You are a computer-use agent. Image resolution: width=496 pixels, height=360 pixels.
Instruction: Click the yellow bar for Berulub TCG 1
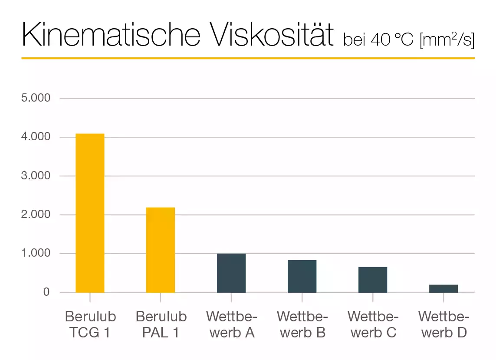90,213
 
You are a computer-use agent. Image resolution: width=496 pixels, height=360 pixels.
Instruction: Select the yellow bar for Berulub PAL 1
161,250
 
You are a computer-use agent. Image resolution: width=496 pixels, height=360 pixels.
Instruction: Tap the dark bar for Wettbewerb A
231,273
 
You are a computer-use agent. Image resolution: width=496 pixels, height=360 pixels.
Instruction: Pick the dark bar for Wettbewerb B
302,276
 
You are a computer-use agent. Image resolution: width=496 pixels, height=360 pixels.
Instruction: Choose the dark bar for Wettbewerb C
373,280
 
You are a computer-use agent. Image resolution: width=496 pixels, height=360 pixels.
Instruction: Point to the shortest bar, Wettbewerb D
443,288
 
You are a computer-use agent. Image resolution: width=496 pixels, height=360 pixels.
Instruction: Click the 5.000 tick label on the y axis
36,98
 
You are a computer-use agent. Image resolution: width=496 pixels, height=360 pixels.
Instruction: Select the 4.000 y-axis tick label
36,137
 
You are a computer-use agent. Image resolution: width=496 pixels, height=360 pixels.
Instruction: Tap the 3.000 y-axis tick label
36,176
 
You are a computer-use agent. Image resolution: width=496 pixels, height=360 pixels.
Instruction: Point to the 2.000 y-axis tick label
36,215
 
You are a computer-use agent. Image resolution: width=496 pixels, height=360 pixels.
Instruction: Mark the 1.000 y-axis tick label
36,254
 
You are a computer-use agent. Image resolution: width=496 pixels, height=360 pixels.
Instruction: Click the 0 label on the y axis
46,292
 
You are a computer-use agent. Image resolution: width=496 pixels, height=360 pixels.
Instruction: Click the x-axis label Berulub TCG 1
90,324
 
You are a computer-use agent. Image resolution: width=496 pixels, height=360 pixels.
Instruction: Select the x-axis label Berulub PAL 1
161,324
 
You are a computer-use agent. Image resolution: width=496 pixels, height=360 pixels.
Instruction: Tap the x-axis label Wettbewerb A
231,324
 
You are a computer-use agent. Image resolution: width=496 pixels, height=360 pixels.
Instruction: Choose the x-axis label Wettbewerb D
443,324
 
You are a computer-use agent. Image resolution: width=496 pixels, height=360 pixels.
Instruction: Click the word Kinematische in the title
111,34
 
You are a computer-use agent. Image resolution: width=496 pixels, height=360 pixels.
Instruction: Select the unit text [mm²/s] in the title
447,40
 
